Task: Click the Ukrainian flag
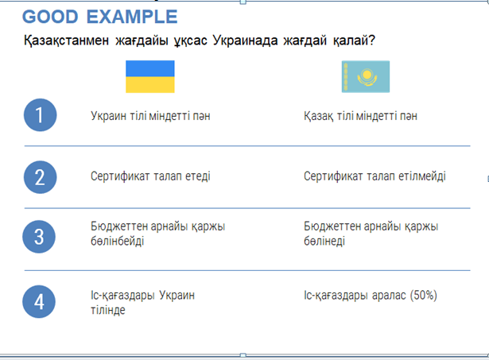tap(150, 76)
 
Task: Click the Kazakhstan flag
tap(366, 76)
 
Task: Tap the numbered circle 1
tap(41, 115)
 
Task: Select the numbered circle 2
tap(41, 177)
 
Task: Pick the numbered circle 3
tap(39, 237)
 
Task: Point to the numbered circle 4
tap(39, 302)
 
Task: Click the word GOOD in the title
tap(50, 17)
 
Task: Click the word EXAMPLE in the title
tap(132, 17)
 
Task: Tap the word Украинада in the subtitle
tap(245, 41)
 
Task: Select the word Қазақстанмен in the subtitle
tap(67, 41)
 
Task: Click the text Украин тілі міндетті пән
tap(150, 116)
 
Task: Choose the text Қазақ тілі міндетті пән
tap(360, 116)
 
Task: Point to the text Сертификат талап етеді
tap(150, 176)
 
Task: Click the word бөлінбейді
tap(117, 241)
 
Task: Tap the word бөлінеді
tap(324, 241)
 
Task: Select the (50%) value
tap(424, 295)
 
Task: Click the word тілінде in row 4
tap(108, 310)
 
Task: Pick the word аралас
tap(389, 295)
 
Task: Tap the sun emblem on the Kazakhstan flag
tap(367, 75)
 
